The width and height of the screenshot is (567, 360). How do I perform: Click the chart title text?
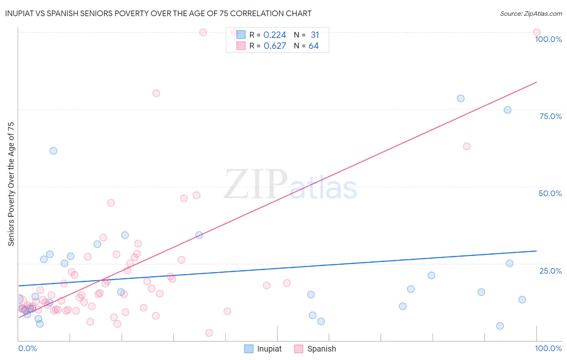point(158,14)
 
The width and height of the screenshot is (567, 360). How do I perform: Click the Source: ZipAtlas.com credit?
point(531,14)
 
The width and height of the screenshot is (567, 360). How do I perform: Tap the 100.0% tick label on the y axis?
point(548,39)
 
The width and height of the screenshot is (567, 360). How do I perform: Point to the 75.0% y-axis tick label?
point(550,116)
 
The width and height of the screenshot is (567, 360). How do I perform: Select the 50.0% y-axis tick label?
point(550,193)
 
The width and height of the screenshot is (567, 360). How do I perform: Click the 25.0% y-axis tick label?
point(550,271)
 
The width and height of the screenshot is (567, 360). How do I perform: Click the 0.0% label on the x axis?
point(27,348)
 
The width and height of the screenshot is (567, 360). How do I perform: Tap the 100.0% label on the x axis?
point(548,348)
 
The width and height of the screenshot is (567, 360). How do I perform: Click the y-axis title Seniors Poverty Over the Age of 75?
point(11,184)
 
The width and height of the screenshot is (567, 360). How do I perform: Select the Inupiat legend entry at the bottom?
point(263,349)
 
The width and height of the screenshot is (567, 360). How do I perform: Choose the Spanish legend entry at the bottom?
point(315,349)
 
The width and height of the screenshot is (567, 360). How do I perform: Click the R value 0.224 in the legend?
point(275,35)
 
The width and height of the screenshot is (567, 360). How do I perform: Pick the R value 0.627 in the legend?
point(275,46)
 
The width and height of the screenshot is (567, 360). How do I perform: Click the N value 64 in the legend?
point(313,46)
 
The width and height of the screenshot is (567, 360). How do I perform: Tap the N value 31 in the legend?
point(315,35)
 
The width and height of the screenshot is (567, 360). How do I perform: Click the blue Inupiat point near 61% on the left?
point(53,151)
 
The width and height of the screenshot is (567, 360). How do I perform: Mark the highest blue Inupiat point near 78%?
point(461,98)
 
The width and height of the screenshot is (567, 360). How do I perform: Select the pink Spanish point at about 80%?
point(156,93)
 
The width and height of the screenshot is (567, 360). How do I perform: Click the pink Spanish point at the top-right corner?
point(537,32)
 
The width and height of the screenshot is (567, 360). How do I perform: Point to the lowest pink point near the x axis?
point(209,333)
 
